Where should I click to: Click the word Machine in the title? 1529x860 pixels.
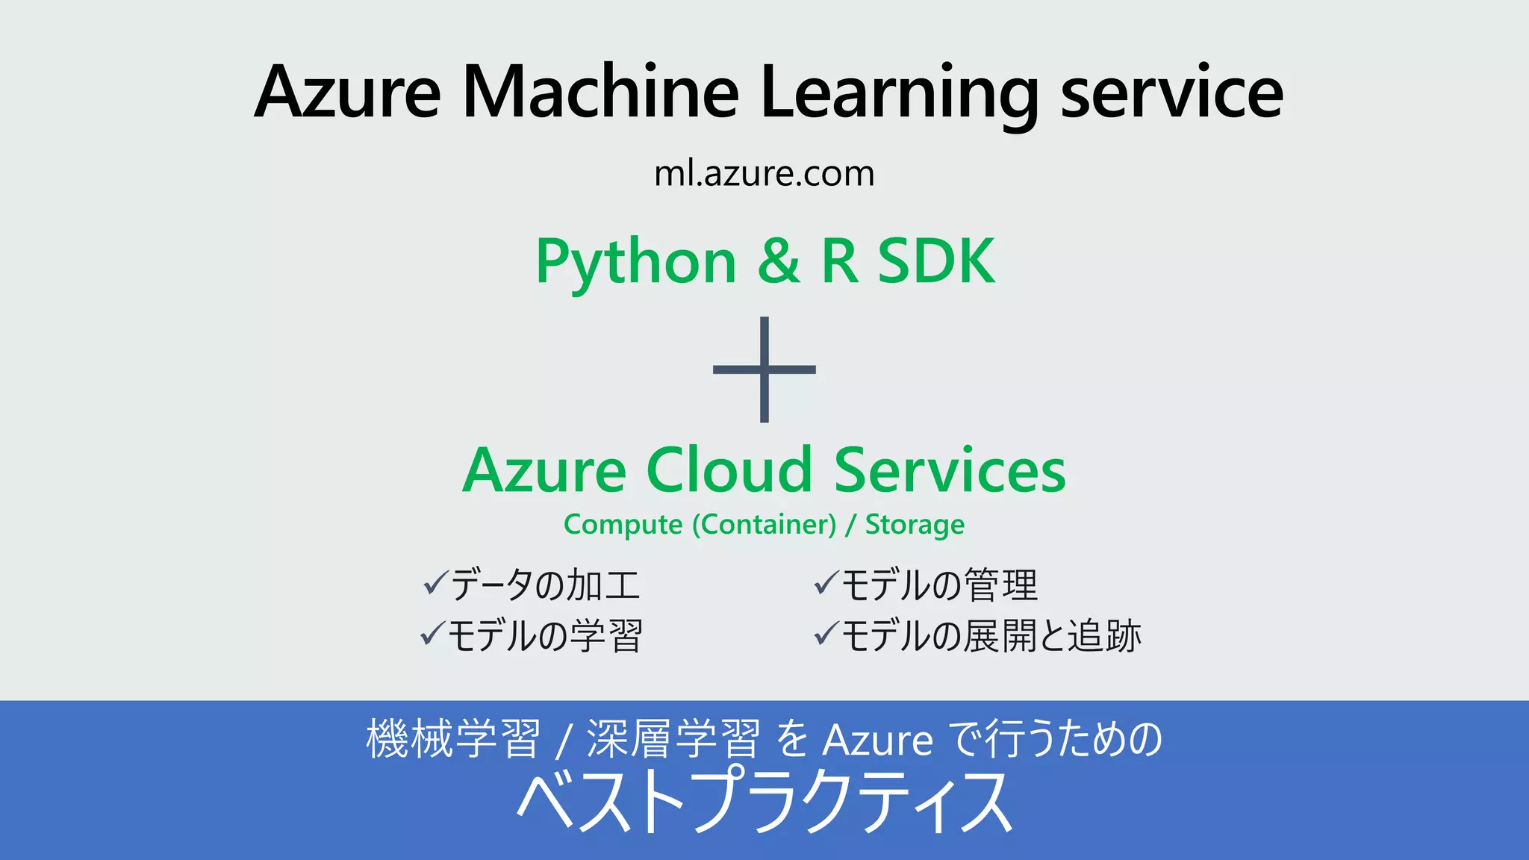click(601, 93)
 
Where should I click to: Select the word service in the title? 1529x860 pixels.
click(1171, 93)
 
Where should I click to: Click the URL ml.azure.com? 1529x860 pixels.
click(764, 174)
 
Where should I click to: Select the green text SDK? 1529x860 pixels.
click(935, 261)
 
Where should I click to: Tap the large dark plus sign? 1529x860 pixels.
click(764, 370)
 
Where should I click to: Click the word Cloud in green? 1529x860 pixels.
click(729, 470)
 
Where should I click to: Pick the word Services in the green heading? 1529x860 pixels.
click(950, 470)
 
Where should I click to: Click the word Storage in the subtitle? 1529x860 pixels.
click(915, 525)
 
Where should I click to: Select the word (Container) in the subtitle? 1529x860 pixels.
click(764, 525)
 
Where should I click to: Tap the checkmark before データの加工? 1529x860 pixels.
click(435, 583)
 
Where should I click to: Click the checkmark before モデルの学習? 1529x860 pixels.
click(433, 635)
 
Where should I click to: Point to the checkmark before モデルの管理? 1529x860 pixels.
click(826, 583)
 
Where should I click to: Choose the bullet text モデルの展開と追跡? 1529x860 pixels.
click(991, 636)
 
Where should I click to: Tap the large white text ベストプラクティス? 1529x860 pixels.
click(764, 803)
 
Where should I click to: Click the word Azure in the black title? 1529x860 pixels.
click(347, 93)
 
